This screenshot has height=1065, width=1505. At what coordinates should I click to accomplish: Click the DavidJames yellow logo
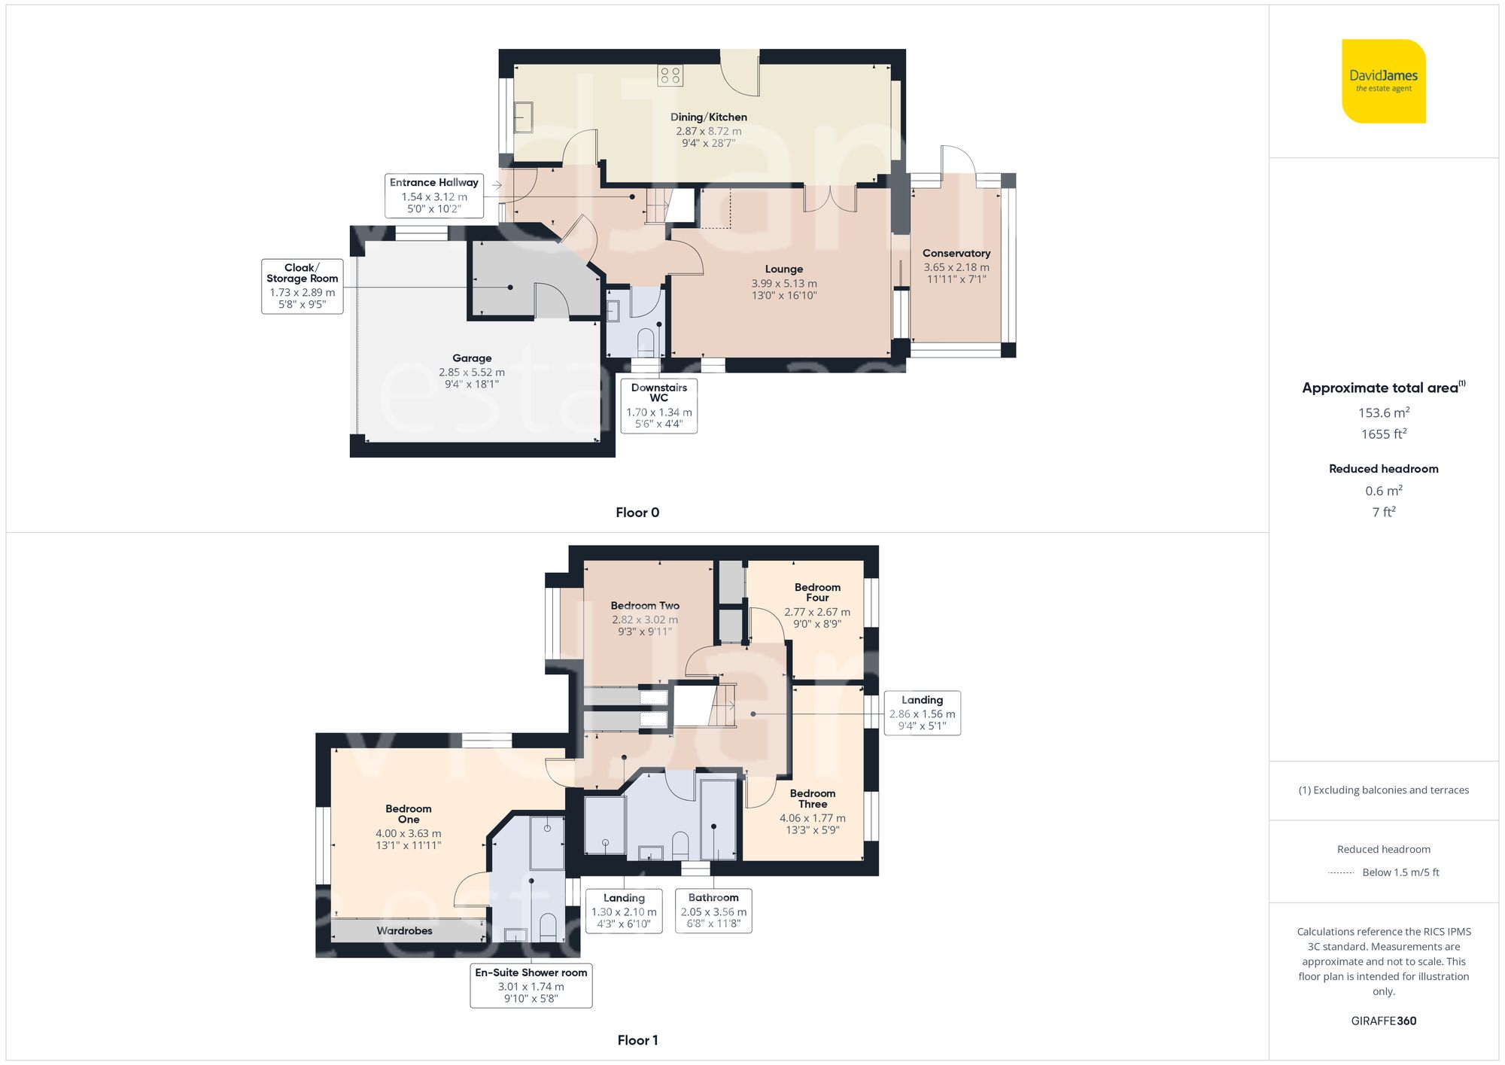coord(1383,81)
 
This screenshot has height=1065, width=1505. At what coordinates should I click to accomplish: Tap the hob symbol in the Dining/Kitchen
coord(670,75)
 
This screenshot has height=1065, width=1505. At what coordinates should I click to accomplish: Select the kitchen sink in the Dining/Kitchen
coord(524,117)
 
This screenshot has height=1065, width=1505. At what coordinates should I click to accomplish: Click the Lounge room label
coord(783,269)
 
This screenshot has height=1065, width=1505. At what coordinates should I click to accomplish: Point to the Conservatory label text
coord(956,254)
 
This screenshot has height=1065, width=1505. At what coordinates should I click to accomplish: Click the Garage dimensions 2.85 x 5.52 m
coord(472,372)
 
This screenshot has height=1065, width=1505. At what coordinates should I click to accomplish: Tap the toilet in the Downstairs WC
coord(646,342)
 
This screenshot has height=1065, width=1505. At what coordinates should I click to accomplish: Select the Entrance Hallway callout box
coord(434,196)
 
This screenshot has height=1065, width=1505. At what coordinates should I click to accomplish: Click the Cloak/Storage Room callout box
coord(302,286)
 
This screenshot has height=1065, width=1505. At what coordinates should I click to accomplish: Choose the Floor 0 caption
coord(637,513)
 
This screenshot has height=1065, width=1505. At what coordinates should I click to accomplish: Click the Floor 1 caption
coord(637,1040)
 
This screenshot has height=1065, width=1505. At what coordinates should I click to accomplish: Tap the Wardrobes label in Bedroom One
coord(404,931)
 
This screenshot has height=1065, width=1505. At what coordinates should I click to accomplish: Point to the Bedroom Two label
coord(645,606)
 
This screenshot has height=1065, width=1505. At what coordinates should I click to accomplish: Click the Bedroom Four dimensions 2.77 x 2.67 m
coord(817,612)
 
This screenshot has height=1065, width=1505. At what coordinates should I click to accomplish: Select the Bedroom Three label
coord(813,799)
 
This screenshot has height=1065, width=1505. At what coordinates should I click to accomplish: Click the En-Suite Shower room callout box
coord(531,985)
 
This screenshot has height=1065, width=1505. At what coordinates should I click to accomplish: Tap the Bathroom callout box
coord(713,911)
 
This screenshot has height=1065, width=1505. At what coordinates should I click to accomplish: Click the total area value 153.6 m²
coord(1383,412)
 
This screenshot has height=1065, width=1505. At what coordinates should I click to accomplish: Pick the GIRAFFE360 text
coord(1383,1021)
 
